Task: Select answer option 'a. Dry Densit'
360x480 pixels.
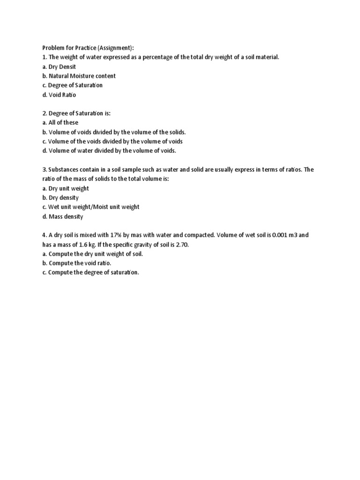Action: coord(59,67)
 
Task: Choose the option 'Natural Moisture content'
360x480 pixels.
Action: coord(82,76)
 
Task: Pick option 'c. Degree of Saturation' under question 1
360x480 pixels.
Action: coord(72,85)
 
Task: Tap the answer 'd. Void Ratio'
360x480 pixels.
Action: coord(59,95)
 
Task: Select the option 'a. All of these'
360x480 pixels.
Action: coord(61,123)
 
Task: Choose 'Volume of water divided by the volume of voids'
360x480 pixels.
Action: coord(112,151)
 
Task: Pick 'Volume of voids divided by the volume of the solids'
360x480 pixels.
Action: coord(117,132)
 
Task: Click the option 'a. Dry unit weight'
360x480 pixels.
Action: coord(66,188)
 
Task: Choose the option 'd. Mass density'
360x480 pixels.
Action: coord(62,217)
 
